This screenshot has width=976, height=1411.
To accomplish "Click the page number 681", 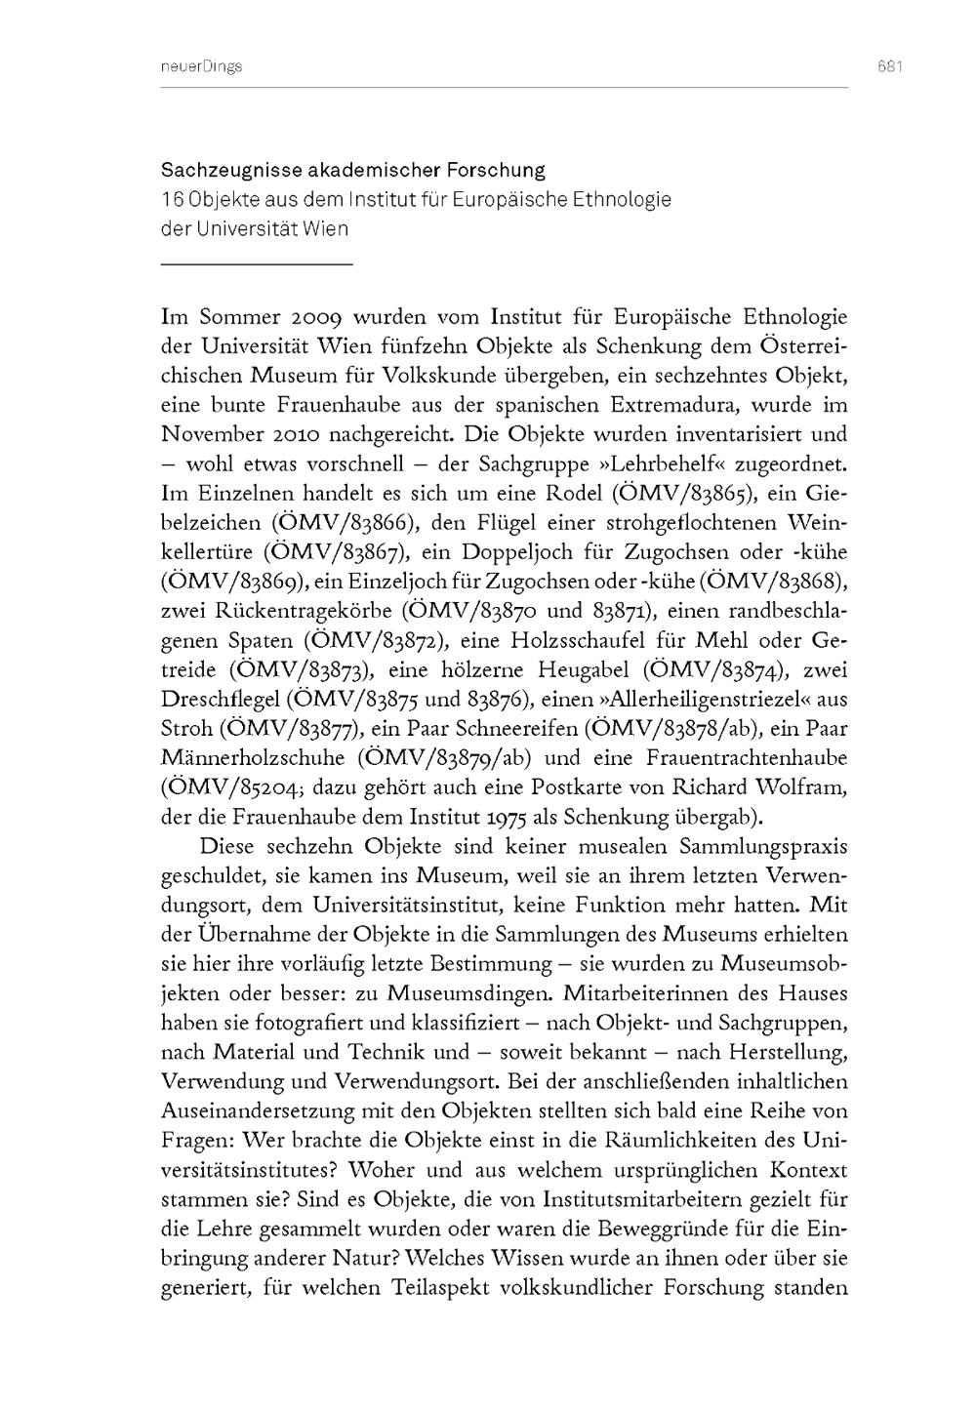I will pos(888,66).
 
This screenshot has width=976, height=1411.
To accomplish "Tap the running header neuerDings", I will pos(199,66).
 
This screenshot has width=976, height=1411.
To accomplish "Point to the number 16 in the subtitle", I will pos(173,200).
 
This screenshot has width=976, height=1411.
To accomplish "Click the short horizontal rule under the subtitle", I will pos(256,264).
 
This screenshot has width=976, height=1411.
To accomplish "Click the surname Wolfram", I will pos(801,786).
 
